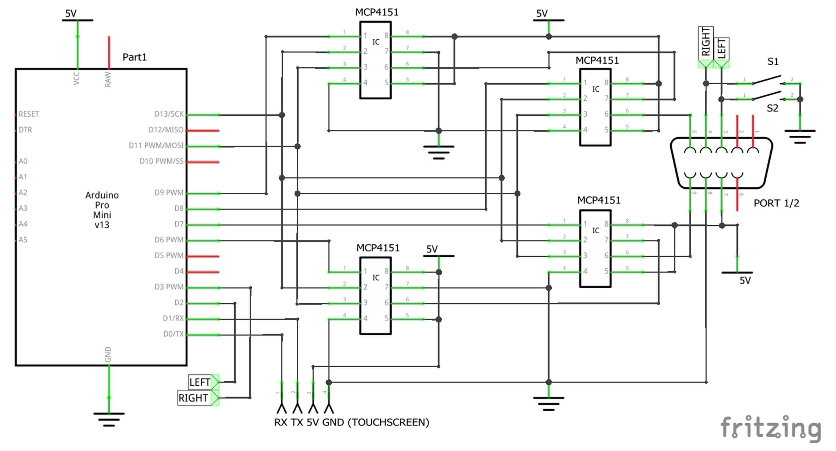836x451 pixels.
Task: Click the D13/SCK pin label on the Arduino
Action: coord(169,114)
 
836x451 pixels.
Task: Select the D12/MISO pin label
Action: coord(166,130)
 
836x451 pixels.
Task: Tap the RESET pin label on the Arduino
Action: coord(29,114)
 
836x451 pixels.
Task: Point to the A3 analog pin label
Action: coord(23,208)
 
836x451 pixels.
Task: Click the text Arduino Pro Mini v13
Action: coord(102,210)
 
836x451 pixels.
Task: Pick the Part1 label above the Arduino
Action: coord(134,57)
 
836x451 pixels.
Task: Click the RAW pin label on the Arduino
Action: coord(108,79)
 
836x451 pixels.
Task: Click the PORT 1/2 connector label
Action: coord(776,203)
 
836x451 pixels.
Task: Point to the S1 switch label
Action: coord(773,61)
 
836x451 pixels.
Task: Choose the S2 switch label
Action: coord(772,108)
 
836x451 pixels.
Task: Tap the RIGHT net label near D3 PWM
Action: coord(193,398)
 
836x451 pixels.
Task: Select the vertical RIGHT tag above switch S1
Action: coord(706,42)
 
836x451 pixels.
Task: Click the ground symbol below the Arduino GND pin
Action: coord(109,419)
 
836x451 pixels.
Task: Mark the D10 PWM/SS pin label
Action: coord(162,161)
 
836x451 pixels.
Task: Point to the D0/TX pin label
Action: coord(173,334)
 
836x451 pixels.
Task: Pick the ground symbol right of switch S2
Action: coord(800,136)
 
